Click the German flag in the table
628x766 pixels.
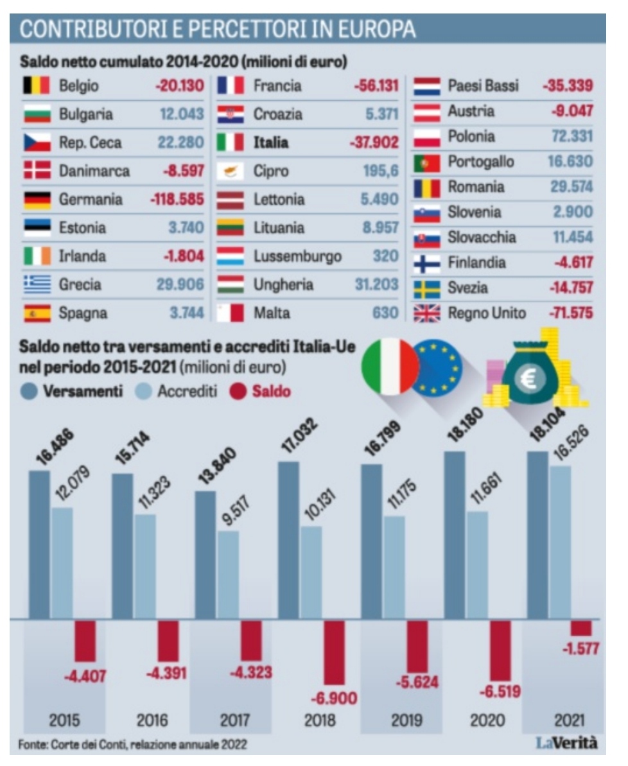pos(37,200)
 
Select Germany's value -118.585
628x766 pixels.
pos(177,200)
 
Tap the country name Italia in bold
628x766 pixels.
pos(271,143)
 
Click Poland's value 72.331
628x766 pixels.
pos(570,136)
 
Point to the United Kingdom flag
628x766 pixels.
pos(426,313)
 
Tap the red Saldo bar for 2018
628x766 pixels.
pos(333,652)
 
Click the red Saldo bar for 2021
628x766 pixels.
pos(581,627)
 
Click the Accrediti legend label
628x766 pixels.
pos(188,391)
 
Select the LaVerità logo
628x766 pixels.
pos(567,743)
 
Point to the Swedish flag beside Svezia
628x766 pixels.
pos(426,288)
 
